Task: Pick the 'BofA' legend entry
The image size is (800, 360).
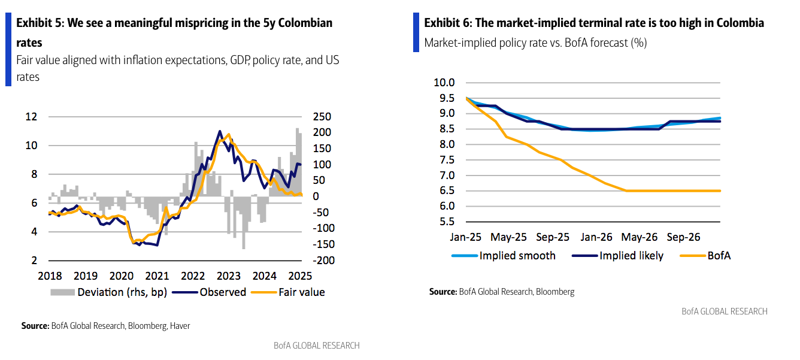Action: click(719, 256)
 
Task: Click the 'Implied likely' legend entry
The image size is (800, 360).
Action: click(631, 256)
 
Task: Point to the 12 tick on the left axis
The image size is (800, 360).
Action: click(32, 117)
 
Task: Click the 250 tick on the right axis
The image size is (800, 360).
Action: click(314, 117)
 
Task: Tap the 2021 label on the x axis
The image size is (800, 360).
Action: click(157, 276)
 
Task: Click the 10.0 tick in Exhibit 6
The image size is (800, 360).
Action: click(444, 83)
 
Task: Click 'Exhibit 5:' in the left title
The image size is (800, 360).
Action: click(40, 23)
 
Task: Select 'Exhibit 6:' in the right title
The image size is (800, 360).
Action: click(449, 23)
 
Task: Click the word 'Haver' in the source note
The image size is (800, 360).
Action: click(180, 326)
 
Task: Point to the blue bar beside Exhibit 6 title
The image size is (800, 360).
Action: click(416, 32)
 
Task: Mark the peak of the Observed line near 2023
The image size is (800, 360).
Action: click(220, 131)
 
